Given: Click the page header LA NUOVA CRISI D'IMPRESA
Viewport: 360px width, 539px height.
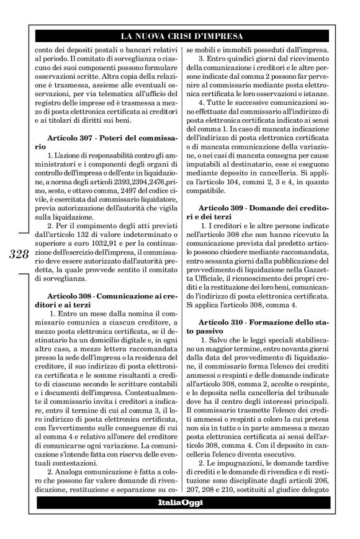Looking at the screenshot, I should (x=181, y=36).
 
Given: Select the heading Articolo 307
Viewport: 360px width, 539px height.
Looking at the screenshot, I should (x=72, y=136).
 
